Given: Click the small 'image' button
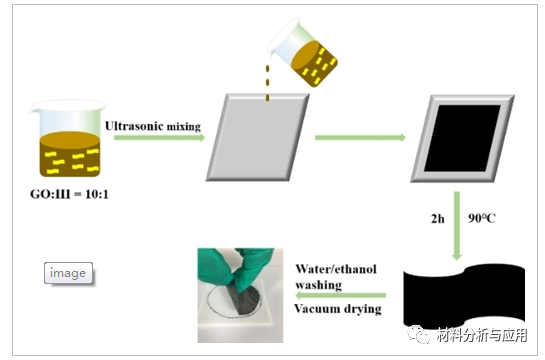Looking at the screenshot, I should tap(69, 272).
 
